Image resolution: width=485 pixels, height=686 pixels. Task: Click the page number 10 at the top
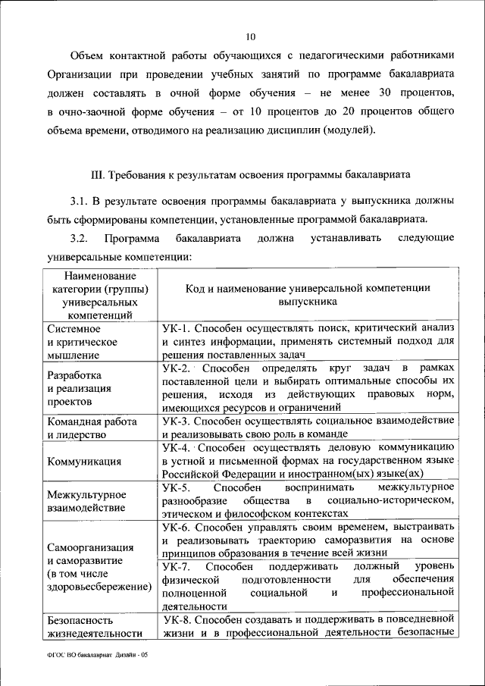251,35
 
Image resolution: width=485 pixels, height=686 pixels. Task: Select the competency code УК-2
177,368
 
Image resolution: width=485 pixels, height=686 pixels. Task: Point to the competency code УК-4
176,447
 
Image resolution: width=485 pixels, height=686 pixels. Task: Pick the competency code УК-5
177,487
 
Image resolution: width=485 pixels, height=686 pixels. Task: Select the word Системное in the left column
74,328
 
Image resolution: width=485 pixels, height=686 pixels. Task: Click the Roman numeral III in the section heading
97,174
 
